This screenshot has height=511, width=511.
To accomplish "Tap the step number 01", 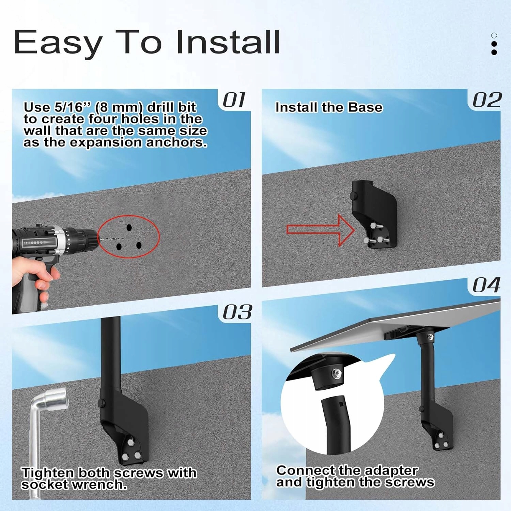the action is coord(234,100).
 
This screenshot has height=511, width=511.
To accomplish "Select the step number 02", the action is coord(487,100).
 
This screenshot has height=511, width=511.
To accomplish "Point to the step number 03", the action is coord(237,312).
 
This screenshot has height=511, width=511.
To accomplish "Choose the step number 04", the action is coord(486,285).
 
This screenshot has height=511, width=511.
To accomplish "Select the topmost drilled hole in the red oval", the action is coord(129,227).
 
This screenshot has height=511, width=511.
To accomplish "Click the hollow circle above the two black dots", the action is coord(494,35).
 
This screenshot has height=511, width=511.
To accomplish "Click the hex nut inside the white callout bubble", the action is coord(337,374).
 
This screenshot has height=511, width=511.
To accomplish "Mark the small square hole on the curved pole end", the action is coord(341,404).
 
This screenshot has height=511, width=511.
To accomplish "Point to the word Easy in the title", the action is coord(58,44).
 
